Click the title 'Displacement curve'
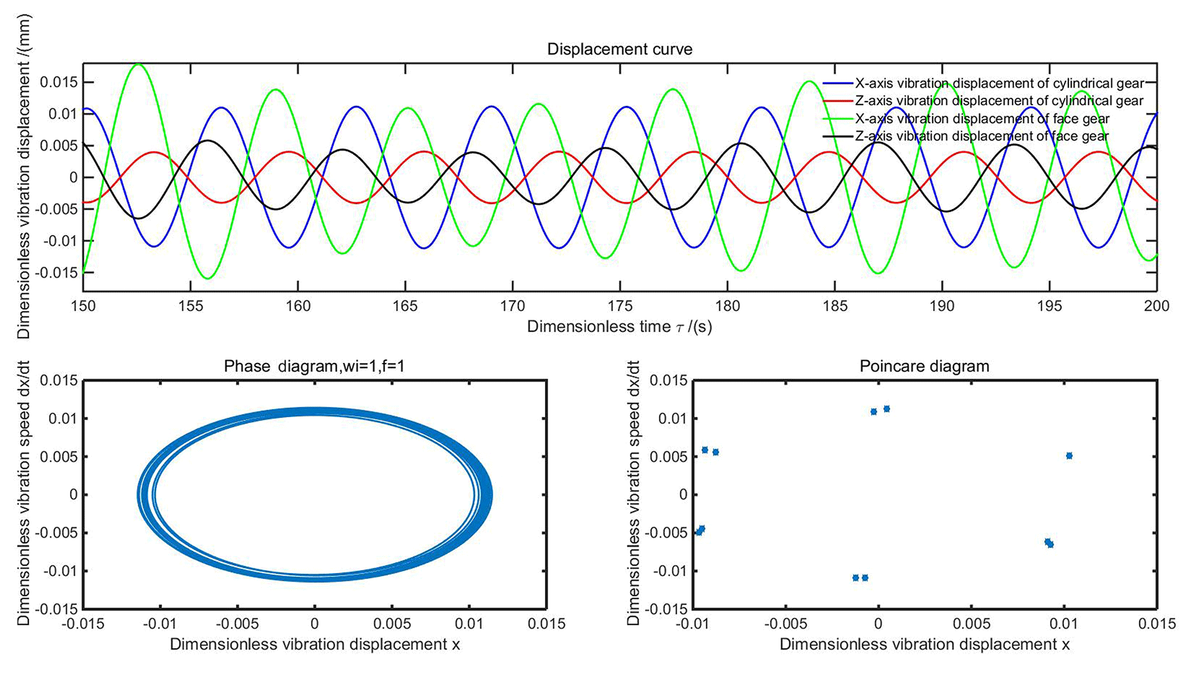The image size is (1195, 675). pyautogui.click(x=619, y=50)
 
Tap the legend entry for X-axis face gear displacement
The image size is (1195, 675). pyautogui.click(x=982, y=119)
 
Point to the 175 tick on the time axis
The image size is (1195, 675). pyautogui.click(x=620, y=306)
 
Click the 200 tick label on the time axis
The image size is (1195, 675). pyautogui.click(x=1156, y=306)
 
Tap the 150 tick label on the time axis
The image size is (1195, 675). pyautogui.click(x=83, y=306)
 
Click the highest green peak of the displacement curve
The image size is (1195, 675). pyautogui.click(x=138, y=64)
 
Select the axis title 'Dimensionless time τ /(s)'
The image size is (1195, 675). pyautogui.click(x=619, y=327)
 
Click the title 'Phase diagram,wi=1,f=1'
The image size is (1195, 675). pyautogui.click(x=314, y=366)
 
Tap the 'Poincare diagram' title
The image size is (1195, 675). pyautogui.click(x=925, y=366)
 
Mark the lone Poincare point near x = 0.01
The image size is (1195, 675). pyautogui.click(x=1069, y=456)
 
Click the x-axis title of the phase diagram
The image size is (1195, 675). pyautogui.click(x=315, y=644)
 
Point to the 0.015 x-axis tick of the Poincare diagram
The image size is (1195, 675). pyautogui.click(x=1156, y=624)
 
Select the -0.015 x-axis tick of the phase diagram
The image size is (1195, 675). pyautogui.click(x=83, y=624)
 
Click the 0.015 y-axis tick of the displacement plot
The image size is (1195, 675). pyautogui.click(x=58, y=83)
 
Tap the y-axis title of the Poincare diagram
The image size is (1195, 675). pyautogui.click(x=633, y=494)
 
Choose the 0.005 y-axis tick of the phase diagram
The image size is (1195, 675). pyautogui.click(x=58, y=457)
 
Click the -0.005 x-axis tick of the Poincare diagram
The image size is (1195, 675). pyautogui.click(x=785, y=624)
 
